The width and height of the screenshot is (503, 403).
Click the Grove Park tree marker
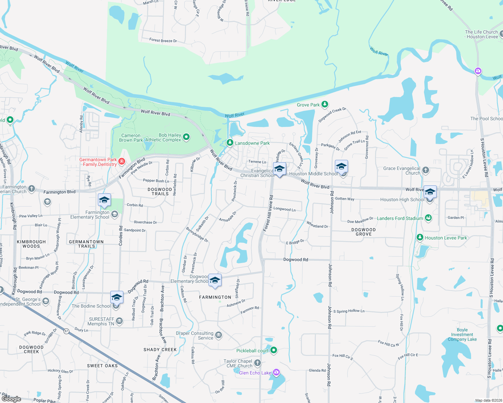[x=324, y=104]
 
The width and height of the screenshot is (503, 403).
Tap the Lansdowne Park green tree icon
[x=230, y=143]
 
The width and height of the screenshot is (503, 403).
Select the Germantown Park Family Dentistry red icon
[x=122, y=162]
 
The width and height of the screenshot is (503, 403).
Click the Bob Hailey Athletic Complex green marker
[x=186, y=137]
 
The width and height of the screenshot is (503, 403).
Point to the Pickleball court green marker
[x=274, y=350]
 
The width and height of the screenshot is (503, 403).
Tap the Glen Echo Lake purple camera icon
[x=276, y=372]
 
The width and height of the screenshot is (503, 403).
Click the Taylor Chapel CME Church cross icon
[x=257, y=363]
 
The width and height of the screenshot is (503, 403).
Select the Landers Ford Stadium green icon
[x=428, y=218]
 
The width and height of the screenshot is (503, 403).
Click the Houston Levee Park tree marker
[x=420, y=237]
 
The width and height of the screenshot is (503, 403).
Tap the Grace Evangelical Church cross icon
[x=426, y=170]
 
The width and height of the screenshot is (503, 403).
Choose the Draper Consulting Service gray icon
[x=219, y=335]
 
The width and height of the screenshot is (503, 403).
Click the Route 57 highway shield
[x=66, y=331]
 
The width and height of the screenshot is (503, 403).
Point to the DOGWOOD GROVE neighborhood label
[x=363, y=232]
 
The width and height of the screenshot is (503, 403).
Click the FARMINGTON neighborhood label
[x=215, y=297]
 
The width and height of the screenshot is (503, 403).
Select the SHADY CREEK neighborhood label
[x=160, y=350]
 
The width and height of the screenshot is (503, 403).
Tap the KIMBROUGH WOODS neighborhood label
[x=31, y=244]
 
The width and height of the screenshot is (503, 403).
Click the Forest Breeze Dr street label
[x=163, y=40]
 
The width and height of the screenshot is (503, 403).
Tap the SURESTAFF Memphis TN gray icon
[x=119, y=321]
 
